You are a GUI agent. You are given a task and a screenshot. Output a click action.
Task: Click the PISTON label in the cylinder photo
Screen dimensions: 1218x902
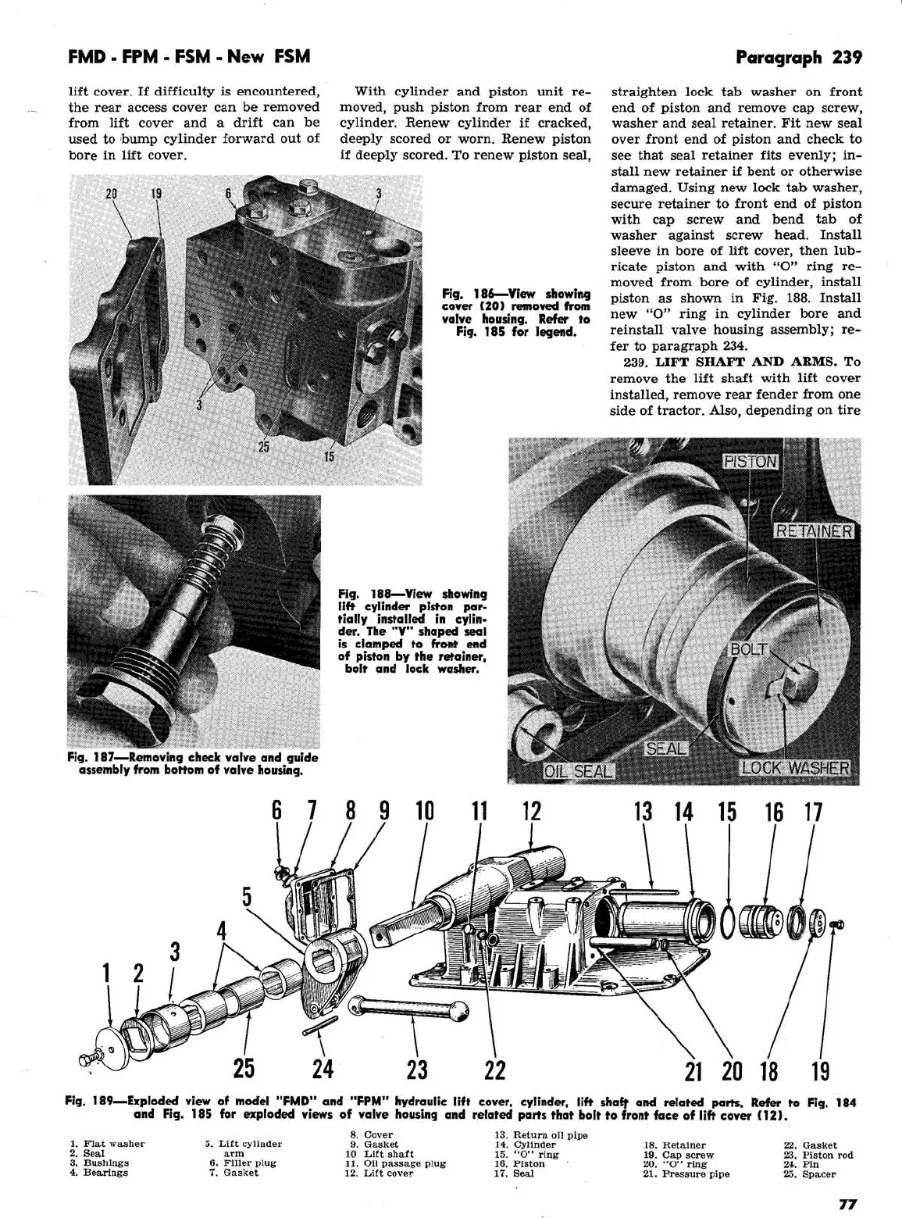click(x=750, y=461)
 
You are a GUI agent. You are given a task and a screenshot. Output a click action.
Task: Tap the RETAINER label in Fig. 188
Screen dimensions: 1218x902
click(x=814, y=531)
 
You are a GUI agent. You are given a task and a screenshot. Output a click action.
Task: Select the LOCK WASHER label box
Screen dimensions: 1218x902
click(x=794, y=767)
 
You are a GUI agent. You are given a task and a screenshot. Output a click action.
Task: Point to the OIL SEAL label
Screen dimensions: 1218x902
click(x=579, y=772)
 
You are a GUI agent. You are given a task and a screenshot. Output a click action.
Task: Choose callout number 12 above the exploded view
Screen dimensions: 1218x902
click(x=531, y=812)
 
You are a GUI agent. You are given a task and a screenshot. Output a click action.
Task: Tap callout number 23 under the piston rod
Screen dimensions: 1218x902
click(x=417, y=1068)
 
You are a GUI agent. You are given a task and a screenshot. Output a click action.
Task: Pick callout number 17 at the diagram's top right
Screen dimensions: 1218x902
click(x=813, y=813)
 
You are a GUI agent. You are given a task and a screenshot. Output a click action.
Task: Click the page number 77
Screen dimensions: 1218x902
click(x=849, y=1204)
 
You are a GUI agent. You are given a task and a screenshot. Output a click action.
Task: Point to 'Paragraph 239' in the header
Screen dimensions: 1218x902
click(x=798, y=57)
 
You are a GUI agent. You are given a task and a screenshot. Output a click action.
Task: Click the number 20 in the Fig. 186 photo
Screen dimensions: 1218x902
click(x=111, y=195)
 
